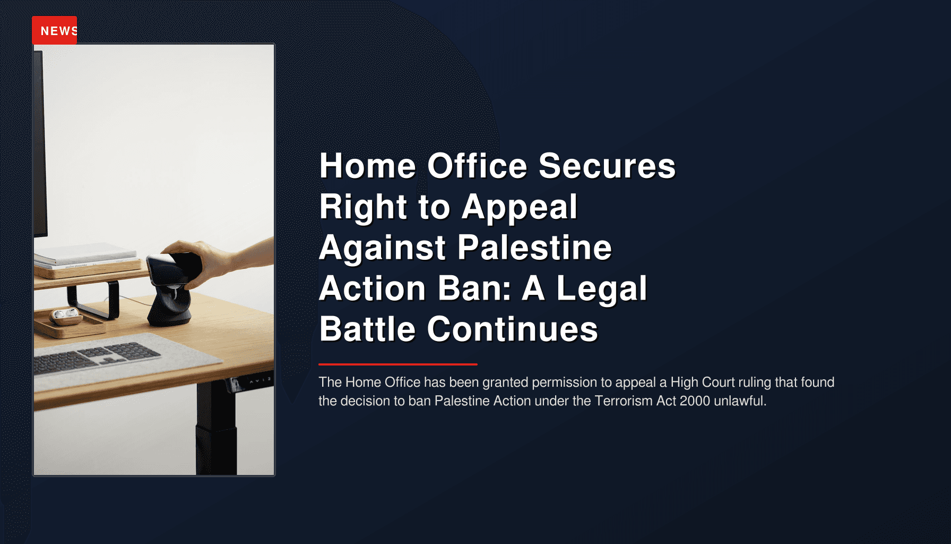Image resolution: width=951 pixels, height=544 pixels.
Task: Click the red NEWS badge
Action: [55, 30]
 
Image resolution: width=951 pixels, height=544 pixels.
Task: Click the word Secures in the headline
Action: [607, 166]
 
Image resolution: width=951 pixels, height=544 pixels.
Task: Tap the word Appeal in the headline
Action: [519, 207]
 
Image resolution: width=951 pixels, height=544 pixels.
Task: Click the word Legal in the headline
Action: [601, 288]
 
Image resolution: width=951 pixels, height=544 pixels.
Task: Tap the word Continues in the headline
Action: [512, 329]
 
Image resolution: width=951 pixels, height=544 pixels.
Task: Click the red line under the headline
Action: [397, 364]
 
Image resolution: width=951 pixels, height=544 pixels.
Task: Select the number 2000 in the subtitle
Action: [694, 401]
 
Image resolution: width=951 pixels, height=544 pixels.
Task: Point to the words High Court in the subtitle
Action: [702, 382]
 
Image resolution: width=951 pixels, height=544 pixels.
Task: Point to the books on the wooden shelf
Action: [85, 255]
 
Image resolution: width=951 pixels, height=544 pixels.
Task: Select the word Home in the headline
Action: [367, 166]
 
